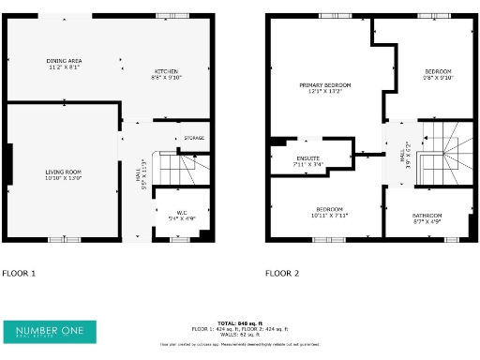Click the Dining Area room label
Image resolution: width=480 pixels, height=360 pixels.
click(64, 64)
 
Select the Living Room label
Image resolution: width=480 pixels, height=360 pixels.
click(64, 174)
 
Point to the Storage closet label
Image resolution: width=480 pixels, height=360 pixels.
click(193, 138)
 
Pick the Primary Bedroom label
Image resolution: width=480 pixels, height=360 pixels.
click(324, 88)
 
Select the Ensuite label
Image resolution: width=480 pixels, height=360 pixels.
click(308, 160)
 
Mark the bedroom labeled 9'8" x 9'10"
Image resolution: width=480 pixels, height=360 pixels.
click(438, 75)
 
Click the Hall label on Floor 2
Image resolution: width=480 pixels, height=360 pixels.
click(404, 152)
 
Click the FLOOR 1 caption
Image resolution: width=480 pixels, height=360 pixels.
click(19, 274)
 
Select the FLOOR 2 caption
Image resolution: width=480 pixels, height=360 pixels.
click(282, 274)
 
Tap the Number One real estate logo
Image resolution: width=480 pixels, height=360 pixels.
click(50, 332)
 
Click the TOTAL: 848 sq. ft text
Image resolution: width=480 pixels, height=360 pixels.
click(240, 323)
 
